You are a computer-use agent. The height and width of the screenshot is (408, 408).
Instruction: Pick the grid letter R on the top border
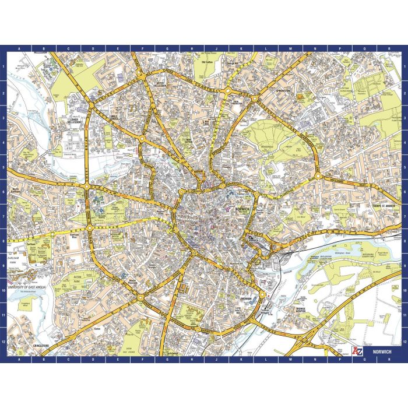pos(389,48)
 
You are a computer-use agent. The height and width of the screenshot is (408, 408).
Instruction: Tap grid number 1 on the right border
pos(404,67)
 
